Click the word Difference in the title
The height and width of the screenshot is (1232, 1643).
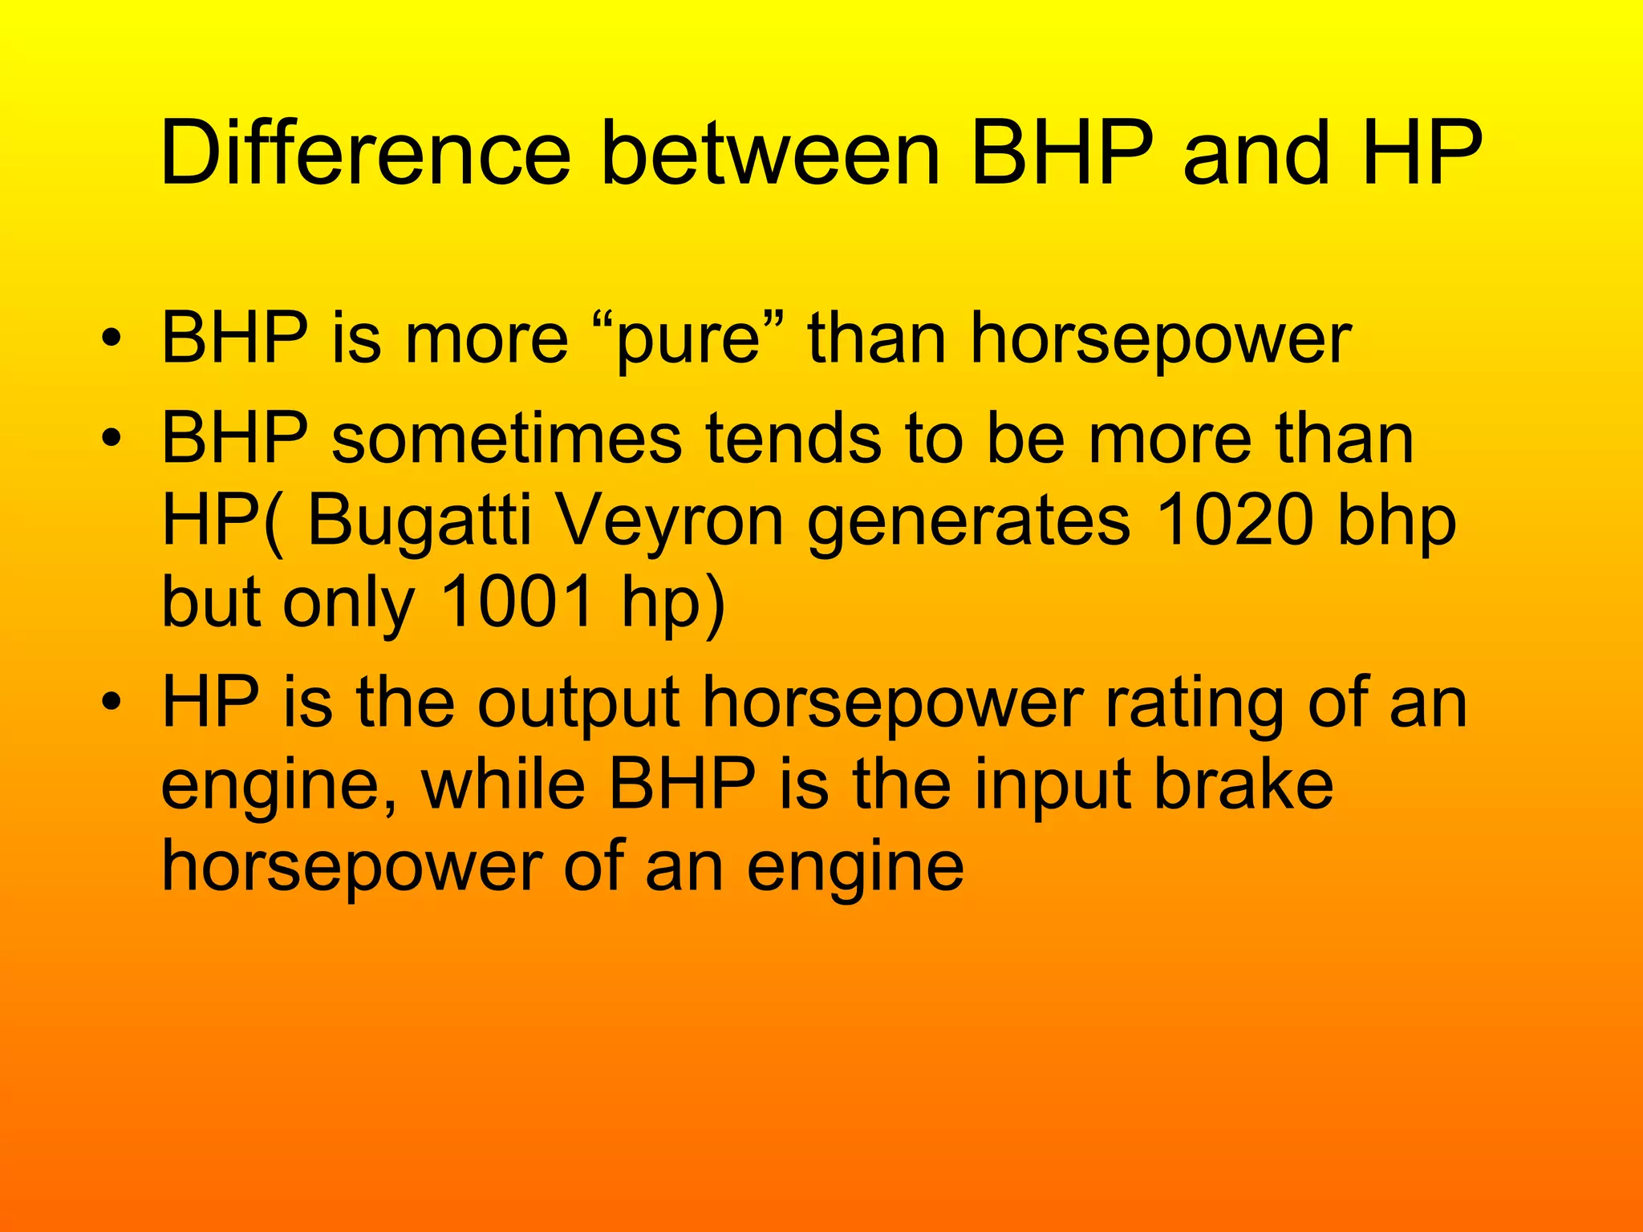365,152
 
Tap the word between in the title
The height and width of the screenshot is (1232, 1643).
770,152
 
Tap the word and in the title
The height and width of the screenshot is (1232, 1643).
1256,152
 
